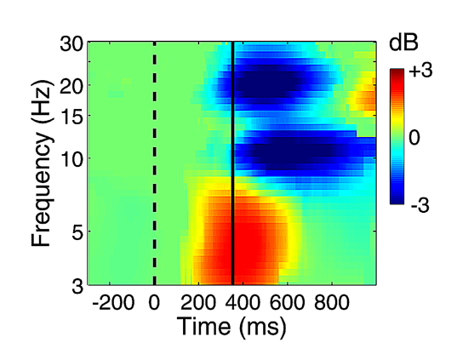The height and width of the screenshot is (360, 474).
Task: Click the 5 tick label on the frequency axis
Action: [x=77, y=231]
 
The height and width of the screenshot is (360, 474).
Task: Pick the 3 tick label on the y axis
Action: [x=77, y=286]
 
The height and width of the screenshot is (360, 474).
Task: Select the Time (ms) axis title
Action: [x=231, y=327]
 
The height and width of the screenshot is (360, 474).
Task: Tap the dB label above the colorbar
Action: [x=403, y=43]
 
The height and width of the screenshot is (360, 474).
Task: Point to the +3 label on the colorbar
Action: [x=421, y=71]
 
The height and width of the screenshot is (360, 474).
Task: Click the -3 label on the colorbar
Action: [x=420, y=206]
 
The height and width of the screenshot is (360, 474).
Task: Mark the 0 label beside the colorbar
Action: [x=414, y=138]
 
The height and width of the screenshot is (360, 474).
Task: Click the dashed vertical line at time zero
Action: [x=154, y=163]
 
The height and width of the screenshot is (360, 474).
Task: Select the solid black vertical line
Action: [x=233, y=163]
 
